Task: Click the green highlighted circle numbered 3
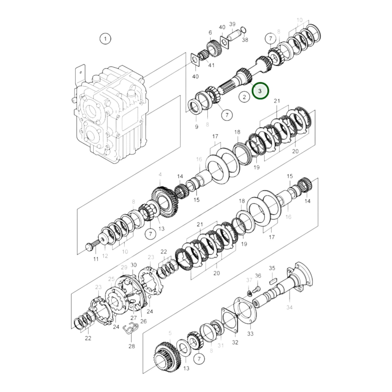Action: pos(260,91)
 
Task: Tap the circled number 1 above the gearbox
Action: pos(105,39)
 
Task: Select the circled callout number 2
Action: pos(244,97)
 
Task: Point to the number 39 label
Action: pos(232,24)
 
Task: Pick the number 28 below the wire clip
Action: pos(132,346)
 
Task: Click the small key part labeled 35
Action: pos(273,281)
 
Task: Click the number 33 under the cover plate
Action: pos(250,333)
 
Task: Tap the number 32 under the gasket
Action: pos(235,342)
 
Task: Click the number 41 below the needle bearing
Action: pos(211,65)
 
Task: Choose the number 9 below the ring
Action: pos(196,126)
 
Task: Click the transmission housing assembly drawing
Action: pos(111,114)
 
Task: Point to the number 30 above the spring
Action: pos(134,265)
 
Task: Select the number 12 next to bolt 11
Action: pos(105,256)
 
